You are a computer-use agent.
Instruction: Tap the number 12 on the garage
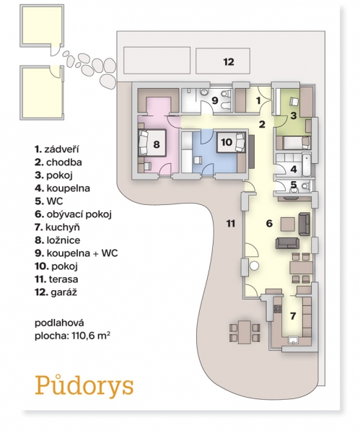click(229, 62)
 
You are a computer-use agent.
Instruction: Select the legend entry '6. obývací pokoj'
click(73, 214)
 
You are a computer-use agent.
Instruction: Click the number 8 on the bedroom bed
click(157, 144)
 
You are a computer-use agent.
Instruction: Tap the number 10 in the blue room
click(227, 142)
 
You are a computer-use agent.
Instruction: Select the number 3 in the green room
click(294, 115)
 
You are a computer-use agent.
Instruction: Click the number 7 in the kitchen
click(293, 315)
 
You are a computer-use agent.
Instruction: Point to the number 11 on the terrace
click(231, 223)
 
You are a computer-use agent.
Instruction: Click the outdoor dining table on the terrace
click(245, 332)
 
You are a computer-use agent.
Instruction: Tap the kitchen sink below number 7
click(293, 340)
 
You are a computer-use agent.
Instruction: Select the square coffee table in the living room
click(289, 224)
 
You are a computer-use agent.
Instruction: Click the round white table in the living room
click(254, 266)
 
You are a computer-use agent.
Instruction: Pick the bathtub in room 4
click(306, 165)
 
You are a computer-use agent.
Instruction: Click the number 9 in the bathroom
click(215, 100)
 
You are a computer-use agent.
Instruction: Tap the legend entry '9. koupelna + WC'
click(76, 253)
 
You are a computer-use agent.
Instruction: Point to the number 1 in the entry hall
click(258, 100)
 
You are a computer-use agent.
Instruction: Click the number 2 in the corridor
click(262, 124)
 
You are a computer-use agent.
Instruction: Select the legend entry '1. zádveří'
click(57, 149)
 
